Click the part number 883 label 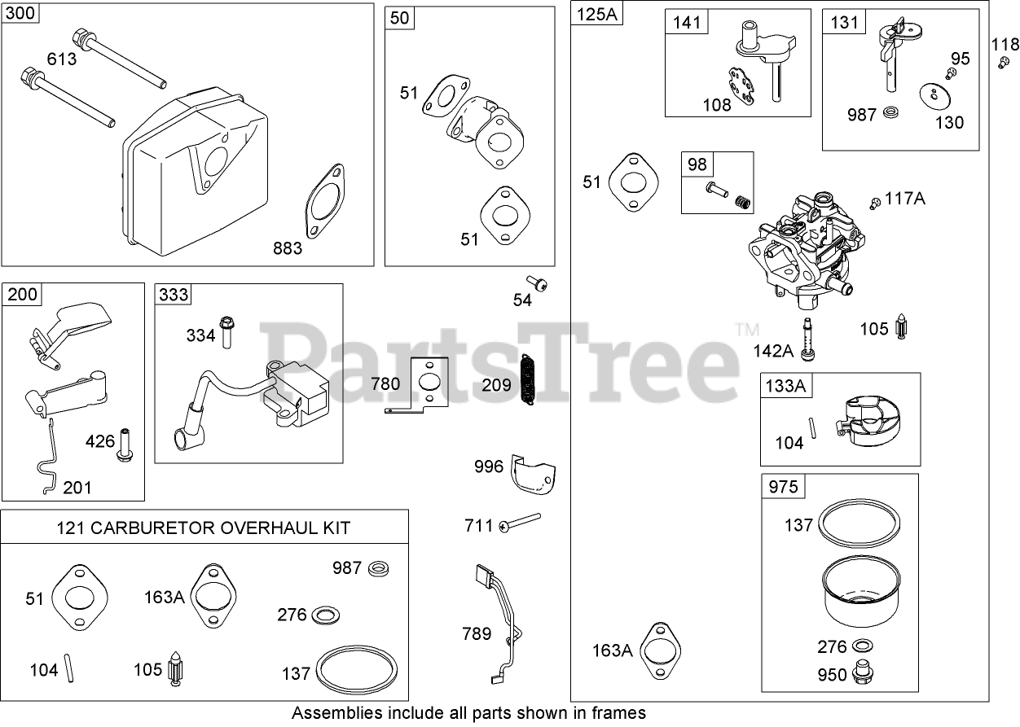point(288,248)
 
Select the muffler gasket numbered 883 point(325,201)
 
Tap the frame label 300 point(20,13)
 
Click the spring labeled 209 point(527,379)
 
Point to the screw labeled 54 point(536,283)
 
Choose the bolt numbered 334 point(226,332)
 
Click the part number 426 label point(100,441)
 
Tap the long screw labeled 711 point(520,523)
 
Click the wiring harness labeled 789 point(499,624)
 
